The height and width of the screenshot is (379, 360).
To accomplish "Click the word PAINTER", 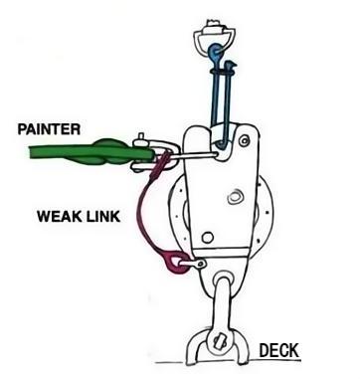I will click(49, 128).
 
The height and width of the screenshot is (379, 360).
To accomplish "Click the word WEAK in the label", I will click(57, 213).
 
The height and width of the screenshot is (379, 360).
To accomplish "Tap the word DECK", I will click(280, 350).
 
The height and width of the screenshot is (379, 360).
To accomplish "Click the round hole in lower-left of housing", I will click(207, 237).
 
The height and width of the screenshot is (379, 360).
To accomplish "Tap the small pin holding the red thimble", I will click(200, 264).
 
